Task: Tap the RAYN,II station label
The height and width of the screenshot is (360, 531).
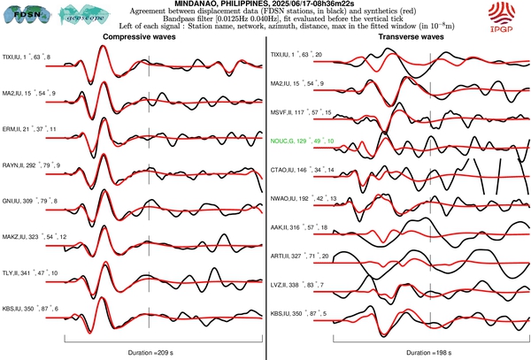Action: pyautogui.click(x=27, y=165)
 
